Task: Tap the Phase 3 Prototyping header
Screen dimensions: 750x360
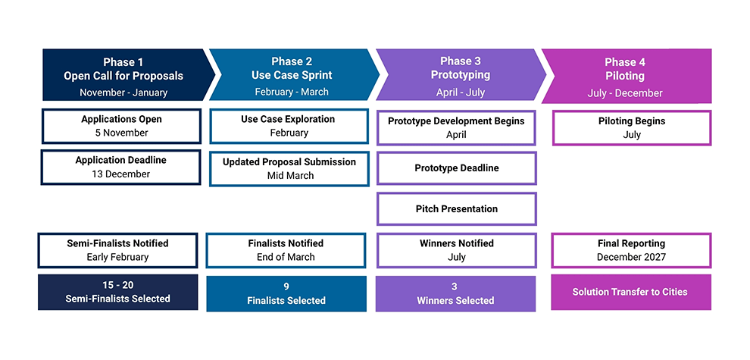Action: [460, 75]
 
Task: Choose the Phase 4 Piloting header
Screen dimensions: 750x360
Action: [627, 76]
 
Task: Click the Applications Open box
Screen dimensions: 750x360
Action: [121, 127]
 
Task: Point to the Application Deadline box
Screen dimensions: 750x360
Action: [120, 167]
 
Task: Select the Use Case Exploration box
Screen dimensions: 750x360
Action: [289, 127]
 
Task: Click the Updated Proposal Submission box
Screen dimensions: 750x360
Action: [289, 168]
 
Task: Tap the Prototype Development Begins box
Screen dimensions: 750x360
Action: [456, 128]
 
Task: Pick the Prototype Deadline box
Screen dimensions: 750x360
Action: [457, 168]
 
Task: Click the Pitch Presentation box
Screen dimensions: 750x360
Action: [457, 208]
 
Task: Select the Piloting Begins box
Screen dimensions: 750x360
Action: [632, 128]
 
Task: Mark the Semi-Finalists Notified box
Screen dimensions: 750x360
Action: [117, 250]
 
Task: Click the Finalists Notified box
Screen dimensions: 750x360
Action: [286, 250]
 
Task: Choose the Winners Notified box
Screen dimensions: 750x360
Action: [456, 250]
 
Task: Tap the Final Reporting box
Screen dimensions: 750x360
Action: [631, 250]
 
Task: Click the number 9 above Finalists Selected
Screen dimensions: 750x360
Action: [286, 286]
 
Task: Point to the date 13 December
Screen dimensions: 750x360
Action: [121, 174]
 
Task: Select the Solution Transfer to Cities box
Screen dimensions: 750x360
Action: [631, 292]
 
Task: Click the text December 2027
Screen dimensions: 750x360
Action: [631, 257]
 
